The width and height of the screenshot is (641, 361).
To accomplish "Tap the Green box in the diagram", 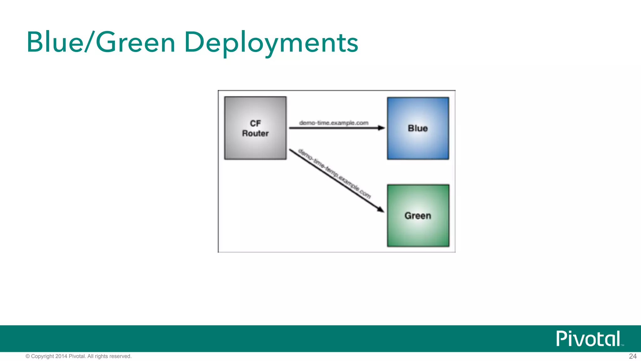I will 418,232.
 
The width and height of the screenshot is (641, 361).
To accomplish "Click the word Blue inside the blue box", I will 418,128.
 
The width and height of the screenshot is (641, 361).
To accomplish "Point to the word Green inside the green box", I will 418,216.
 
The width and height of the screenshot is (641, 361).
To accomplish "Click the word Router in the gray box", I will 255,133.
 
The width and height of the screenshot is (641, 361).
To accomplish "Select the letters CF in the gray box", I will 255,123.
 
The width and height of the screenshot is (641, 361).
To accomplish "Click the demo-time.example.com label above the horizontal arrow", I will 334,123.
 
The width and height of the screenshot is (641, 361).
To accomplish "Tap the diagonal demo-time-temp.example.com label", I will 334,174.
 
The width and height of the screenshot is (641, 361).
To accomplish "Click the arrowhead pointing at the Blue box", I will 381,128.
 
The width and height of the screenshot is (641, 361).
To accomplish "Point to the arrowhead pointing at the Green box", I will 380,209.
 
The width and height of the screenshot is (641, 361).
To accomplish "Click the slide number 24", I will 633,356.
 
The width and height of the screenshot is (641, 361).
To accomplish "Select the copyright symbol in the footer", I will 28,356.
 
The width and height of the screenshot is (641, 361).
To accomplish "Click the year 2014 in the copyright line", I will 61,356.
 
